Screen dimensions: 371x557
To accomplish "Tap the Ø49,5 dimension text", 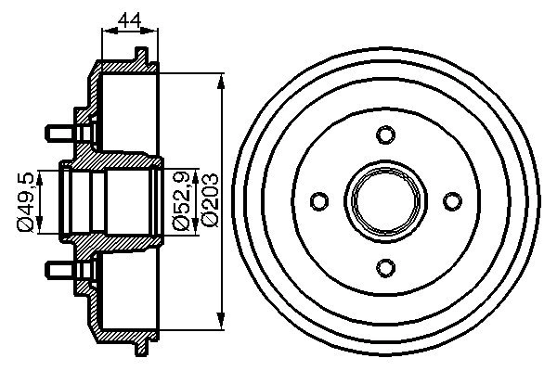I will coord(28,199).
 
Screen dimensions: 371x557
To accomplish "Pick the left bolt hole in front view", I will coord(319,201).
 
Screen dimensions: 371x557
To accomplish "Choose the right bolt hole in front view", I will coord(452,201).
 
